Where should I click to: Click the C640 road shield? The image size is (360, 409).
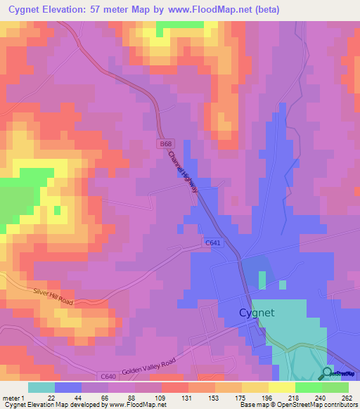(108, 377)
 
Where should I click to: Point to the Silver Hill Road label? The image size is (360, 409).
(53, 295)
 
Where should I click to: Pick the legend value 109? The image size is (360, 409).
(161, 398)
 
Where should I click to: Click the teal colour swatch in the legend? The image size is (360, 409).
(41, 387)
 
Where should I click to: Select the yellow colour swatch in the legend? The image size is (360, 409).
(281, 387)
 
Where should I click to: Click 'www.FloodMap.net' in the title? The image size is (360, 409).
(214, 11)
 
